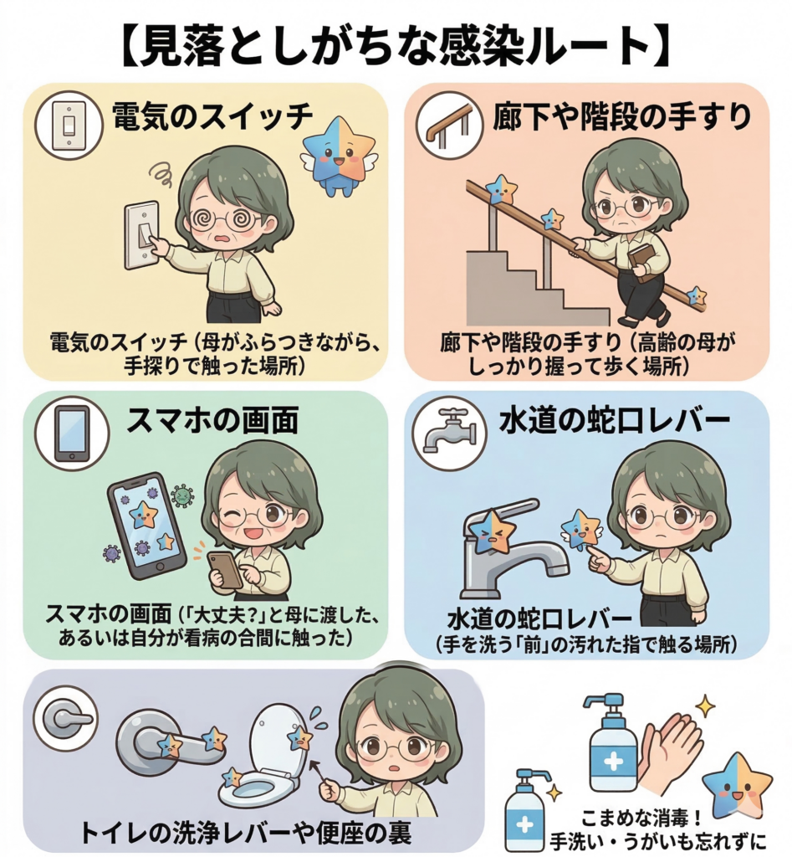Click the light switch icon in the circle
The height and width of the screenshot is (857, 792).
tap(69, 126)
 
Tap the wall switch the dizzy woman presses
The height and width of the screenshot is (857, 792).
tap(142, 237)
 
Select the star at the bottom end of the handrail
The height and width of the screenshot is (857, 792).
tap(695, 296)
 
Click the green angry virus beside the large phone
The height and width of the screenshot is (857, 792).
tap(182, 495)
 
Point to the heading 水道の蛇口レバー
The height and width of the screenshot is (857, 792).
tap(615, 420)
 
